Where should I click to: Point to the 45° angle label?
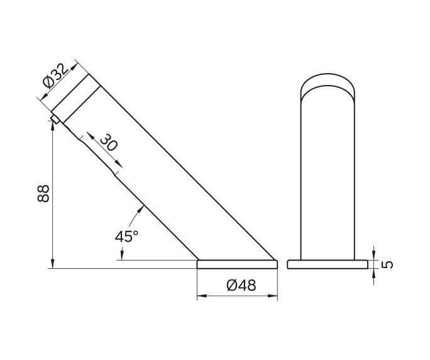pyautogui.click(x=126, y=237)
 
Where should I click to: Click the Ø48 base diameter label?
pyautogui.click(x=241, y=285)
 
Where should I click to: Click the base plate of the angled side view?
pyautogui.click(x=237, y=264)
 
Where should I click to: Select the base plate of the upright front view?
pyautogui.click(x=327, y=264)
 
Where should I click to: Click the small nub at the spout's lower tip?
pyautogui.click(x=55, y=118)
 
